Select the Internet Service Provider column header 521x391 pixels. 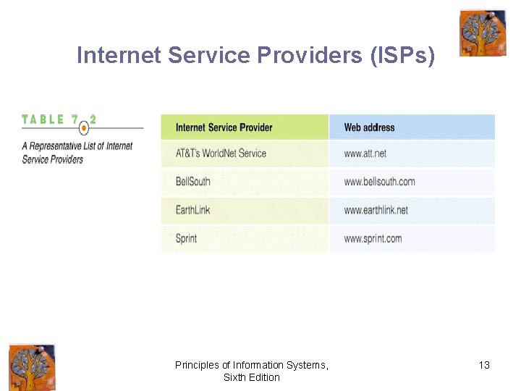point(224,127)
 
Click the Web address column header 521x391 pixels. point(369,127)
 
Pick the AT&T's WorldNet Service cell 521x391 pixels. point(221,154)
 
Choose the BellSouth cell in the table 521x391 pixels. point(192,181)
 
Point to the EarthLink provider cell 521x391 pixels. point(192,210)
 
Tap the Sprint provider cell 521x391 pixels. point(186,238)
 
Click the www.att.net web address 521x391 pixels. point(365,154)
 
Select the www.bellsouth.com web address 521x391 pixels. point(379,181)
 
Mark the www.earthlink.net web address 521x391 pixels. point(376,210)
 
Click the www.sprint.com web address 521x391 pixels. point(373,238)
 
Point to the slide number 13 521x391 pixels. point(484,365)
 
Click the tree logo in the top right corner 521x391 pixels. point(483,33)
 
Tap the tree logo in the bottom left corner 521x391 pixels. point(32,367)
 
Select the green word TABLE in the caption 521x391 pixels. point(43,119)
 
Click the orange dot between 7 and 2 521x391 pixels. point(84,127)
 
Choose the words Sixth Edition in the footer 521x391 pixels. point(251,377)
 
